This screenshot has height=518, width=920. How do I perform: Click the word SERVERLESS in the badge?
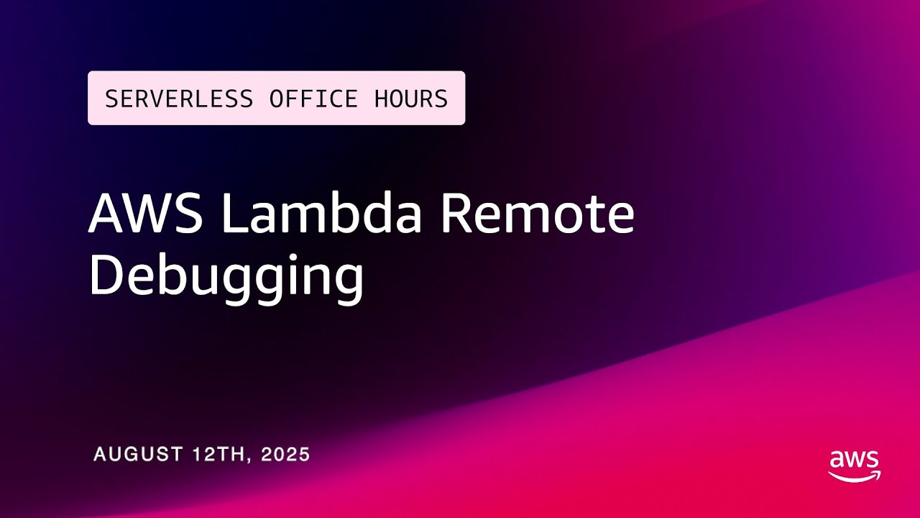click(x=179, y=99)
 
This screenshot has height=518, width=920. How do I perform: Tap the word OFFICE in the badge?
click(x=313, y=99)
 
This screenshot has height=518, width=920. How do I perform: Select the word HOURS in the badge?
click(x=411, y=99)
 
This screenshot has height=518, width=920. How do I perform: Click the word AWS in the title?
click(x=146, y=214)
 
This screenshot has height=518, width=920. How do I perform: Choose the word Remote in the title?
click(x=538, y=214)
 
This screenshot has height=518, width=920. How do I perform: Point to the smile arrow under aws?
click(x=854, y=476)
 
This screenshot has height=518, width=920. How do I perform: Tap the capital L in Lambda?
click(x=234, y=214)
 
